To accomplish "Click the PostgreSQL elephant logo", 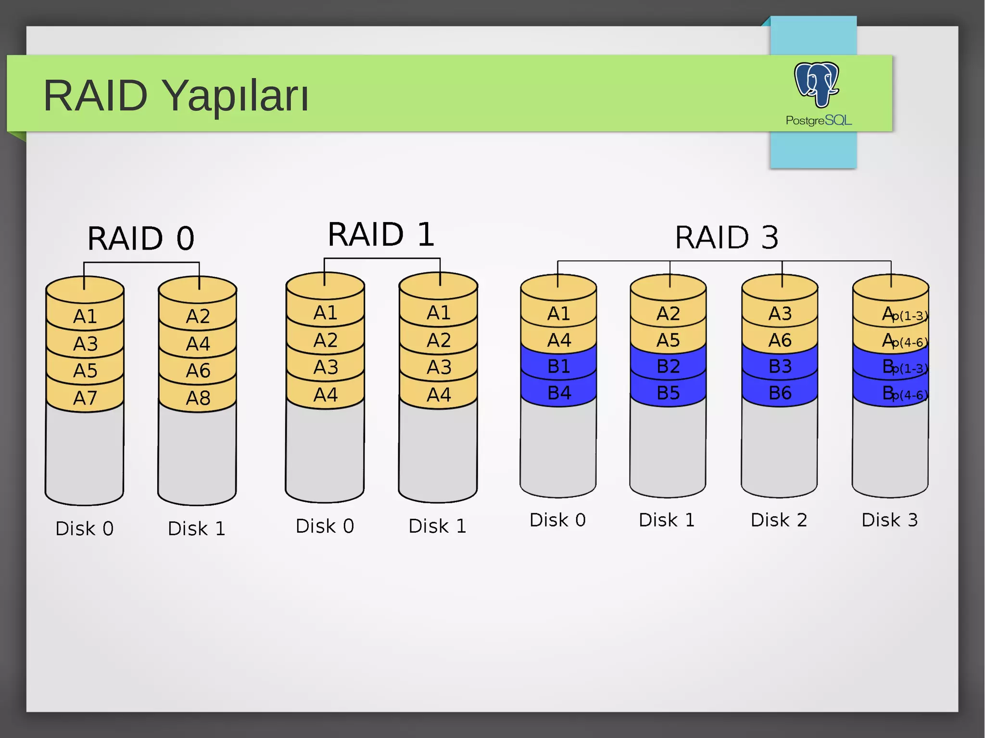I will [x=816, y=84].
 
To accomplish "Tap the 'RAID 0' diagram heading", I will [x=140, y=238].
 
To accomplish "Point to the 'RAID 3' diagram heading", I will [x=726, y=237].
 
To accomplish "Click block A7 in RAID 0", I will [x=85, y=398].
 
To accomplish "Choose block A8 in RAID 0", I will [x=198, y=398].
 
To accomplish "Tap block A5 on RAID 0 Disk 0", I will [x=85, y=371].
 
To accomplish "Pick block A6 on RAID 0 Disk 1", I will [x=198, y=371].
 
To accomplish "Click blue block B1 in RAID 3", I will [x=559, y=367].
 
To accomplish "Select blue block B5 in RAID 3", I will [x=668, y=393].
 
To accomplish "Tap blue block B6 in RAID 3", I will [x=780, y=393].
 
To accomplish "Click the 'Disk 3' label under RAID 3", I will [x=889, y=520].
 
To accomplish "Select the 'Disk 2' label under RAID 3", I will [x=779, y=520].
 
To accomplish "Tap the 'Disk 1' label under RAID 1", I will [x=437, y=526].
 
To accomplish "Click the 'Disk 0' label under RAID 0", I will [x=85, y=528].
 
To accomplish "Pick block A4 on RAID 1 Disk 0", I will [x=326, y=395].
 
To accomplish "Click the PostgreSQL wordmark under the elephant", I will [x=819, y=120].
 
